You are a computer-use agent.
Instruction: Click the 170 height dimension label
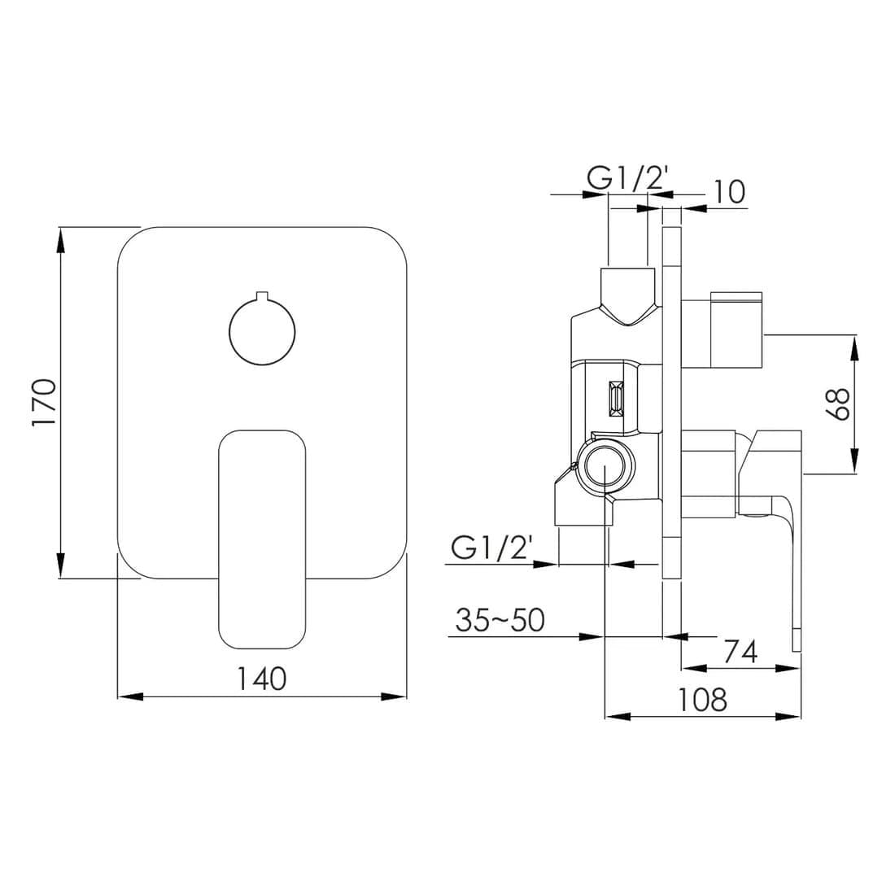click(x=45, y=403)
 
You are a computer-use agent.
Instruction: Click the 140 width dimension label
click(x=262, y=679)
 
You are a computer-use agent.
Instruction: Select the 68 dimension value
click(x=838, y=404)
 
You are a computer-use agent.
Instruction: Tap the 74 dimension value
click(x=740, y=651)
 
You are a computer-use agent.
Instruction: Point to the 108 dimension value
click(x=703, y=699)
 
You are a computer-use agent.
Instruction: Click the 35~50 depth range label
click(x=500, y=620)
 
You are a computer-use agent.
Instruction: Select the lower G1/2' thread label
click(x=492, y=548)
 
